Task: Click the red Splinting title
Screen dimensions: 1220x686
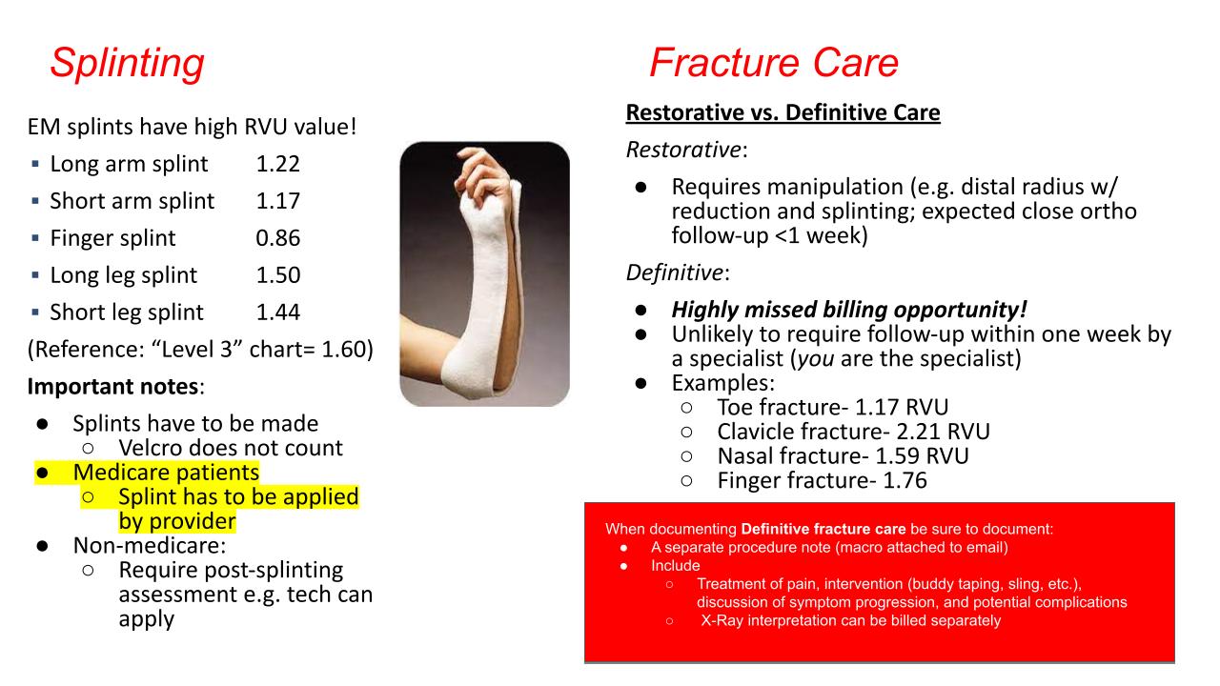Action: (128, 64)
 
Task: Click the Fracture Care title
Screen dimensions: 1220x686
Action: (774, 63)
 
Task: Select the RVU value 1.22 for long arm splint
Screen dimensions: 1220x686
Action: (277, 164)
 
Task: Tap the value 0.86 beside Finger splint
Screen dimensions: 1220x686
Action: (277, 238)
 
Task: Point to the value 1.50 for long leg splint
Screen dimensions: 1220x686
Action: (277, 275)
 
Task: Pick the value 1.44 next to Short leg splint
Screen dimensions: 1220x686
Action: (277, 312)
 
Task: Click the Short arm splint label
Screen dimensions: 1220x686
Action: (132, 201)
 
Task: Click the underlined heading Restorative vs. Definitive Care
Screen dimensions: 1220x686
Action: (783, 112)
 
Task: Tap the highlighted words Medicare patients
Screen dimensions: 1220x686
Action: (166, 472)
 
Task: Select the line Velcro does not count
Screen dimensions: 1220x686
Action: (231, 448)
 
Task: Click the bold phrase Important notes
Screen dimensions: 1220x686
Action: (112, 387)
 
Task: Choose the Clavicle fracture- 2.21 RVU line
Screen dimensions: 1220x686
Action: (853, 432)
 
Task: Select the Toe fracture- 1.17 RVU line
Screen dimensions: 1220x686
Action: (833, 407)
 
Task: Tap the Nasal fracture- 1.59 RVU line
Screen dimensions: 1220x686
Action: (844, 456)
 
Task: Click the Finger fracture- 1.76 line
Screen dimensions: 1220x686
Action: (822, 481)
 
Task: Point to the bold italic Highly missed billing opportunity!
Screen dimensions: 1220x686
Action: (849, 310)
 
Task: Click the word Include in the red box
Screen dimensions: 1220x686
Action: (676, 566)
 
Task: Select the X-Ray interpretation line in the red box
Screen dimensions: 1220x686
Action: (851, 620)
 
